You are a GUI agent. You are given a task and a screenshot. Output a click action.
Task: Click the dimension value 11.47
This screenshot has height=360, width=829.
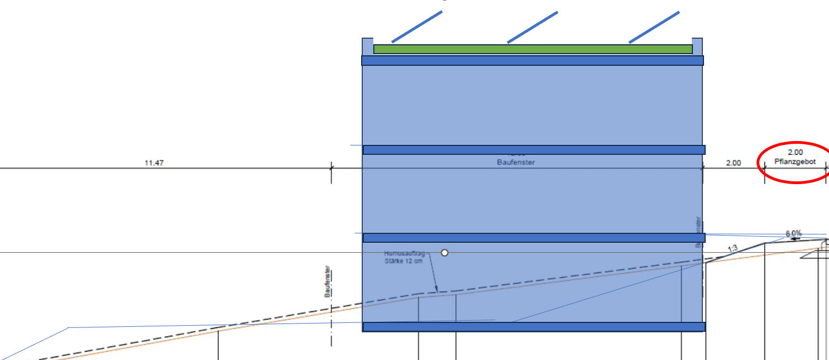click(x=154, y=163)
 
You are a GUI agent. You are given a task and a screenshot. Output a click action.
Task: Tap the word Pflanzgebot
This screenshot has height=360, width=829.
click(x=795, y=161)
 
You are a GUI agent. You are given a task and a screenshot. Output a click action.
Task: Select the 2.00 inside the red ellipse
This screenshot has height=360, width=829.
click(x=795, y=152)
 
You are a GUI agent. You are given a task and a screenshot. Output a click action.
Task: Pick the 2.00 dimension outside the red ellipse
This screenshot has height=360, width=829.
click(x=733, y=163)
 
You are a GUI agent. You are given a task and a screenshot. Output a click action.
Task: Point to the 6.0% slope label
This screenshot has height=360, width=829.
click(x=794, y=233)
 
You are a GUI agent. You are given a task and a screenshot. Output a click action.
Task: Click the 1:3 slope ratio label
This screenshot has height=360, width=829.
click(x=733, y=249)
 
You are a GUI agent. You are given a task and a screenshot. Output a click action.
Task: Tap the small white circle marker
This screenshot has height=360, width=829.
click(x=444, y=253)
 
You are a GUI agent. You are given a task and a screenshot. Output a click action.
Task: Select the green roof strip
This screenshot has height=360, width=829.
click(x=533, y=49)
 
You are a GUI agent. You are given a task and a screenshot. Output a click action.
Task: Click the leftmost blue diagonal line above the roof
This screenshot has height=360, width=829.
click(x=417, y=27)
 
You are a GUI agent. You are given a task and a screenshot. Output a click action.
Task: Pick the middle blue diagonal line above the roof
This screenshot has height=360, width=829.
click(x=532, y=27)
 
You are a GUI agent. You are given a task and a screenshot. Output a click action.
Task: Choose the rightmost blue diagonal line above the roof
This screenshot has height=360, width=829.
click(x=654, y=27)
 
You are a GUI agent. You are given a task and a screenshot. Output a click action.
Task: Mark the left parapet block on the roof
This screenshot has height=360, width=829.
click(x=367, y=46)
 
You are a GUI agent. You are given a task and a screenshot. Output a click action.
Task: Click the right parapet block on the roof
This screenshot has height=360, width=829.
click(x=697, y=46)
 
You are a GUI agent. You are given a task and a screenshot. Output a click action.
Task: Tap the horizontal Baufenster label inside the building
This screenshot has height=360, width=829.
click(x=516, y=163)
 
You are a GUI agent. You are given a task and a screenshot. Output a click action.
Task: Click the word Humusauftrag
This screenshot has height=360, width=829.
click(x=404, y=253)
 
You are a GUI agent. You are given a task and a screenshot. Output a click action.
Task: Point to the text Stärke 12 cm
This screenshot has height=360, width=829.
click(x=403, y=260)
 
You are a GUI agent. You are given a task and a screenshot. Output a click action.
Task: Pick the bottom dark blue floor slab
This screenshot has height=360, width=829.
click(x=534, y=327)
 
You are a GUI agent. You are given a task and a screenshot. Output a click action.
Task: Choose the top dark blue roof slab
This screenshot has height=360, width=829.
click(x=532, y=60)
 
